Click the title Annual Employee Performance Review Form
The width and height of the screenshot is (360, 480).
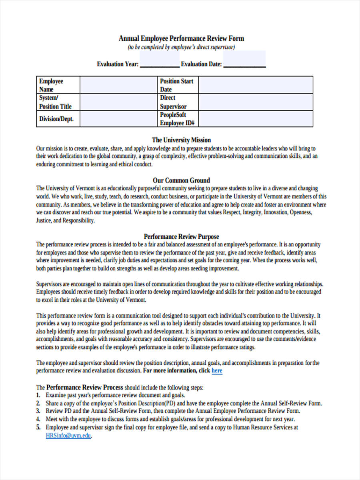(x=181, y=38)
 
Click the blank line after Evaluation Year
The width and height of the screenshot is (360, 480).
(x=160, y=64)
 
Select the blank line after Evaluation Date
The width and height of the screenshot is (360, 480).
(x=244, y=64)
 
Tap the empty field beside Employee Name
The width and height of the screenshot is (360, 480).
(x=119, y=85)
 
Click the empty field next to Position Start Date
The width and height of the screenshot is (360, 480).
(x=256, y=85)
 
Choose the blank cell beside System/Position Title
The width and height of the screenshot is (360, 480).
(x=119, y=102)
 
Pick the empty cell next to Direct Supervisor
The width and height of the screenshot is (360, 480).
(x=256, y=102)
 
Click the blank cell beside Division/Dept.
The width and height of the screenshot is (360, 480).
(x=119, y=119)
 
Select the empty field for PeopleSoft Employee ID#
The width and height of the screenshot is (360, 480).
(x=256, y=119)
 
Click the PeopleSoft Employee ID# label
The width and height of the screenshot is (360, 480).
(x=177, y=119)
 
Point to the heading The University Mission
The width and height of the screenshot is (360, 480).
(x=181, y=140)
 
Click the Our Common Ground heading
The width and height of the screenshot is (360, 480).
(x=181, y=180)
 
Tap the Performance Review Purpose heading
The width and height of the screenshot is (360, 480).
(x=181, y=236)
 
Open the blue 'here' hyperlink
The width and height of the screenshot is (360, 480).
(x=217, y=371)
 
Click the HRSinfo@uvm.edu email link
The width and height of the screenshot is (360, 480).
(x=68, y=436)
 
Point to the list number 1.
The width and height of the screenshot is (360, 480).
(x=38, y=395)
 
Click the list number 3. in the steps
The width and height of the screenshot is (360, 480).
(x=38, y=411)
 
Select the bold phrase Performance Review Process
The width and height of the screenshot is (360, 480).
(x=85, y=387)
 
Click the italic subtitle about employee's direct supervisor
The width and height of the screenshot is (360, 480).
(x=181, y=47)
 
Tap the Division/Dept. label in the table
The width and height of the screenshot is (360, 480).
(x=56, y=119)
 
